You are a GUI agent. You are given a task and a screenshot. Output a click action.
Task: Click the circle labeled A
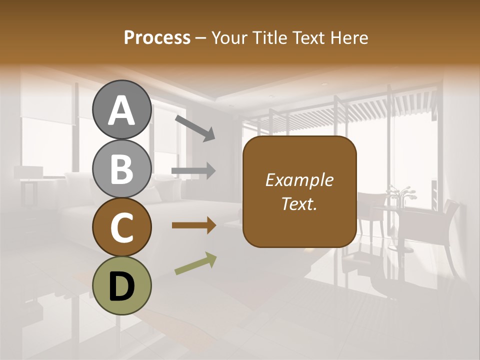(122, 110)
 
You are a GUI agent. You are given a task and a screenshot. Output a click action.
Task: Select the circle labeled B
(122, 168)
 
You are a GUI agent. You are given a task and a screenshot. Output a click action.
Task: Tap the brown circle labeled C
(122, 227)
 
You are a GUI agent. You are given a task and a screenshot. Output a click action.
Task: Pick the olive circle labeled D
(122, 285)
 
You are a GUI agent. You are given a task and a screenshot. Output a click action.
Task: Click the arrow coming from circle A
(195, 128)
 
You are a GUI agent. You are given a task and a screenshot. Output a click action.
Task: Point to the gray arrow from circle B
(194, 171)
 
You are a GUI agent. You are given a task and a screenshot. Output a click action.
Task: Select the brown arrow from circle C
(194, 225)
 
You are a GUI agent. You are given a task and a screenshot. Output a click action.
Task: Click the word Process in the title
(157, 37)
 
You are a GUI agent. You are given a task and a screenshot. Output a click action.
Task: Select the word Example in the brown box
(299, 180)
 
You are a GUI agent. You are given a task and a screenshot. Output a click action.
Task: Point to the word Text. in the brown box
(299, 203)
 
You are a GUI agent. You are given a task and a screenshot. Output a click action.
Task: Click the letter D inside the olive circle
(122, 286)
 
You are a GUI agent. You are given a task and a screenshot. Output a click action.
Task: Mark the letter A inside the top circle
(122, 111)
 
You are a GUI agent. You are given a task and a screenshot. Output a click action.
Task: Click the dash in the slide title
(201, 38)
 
